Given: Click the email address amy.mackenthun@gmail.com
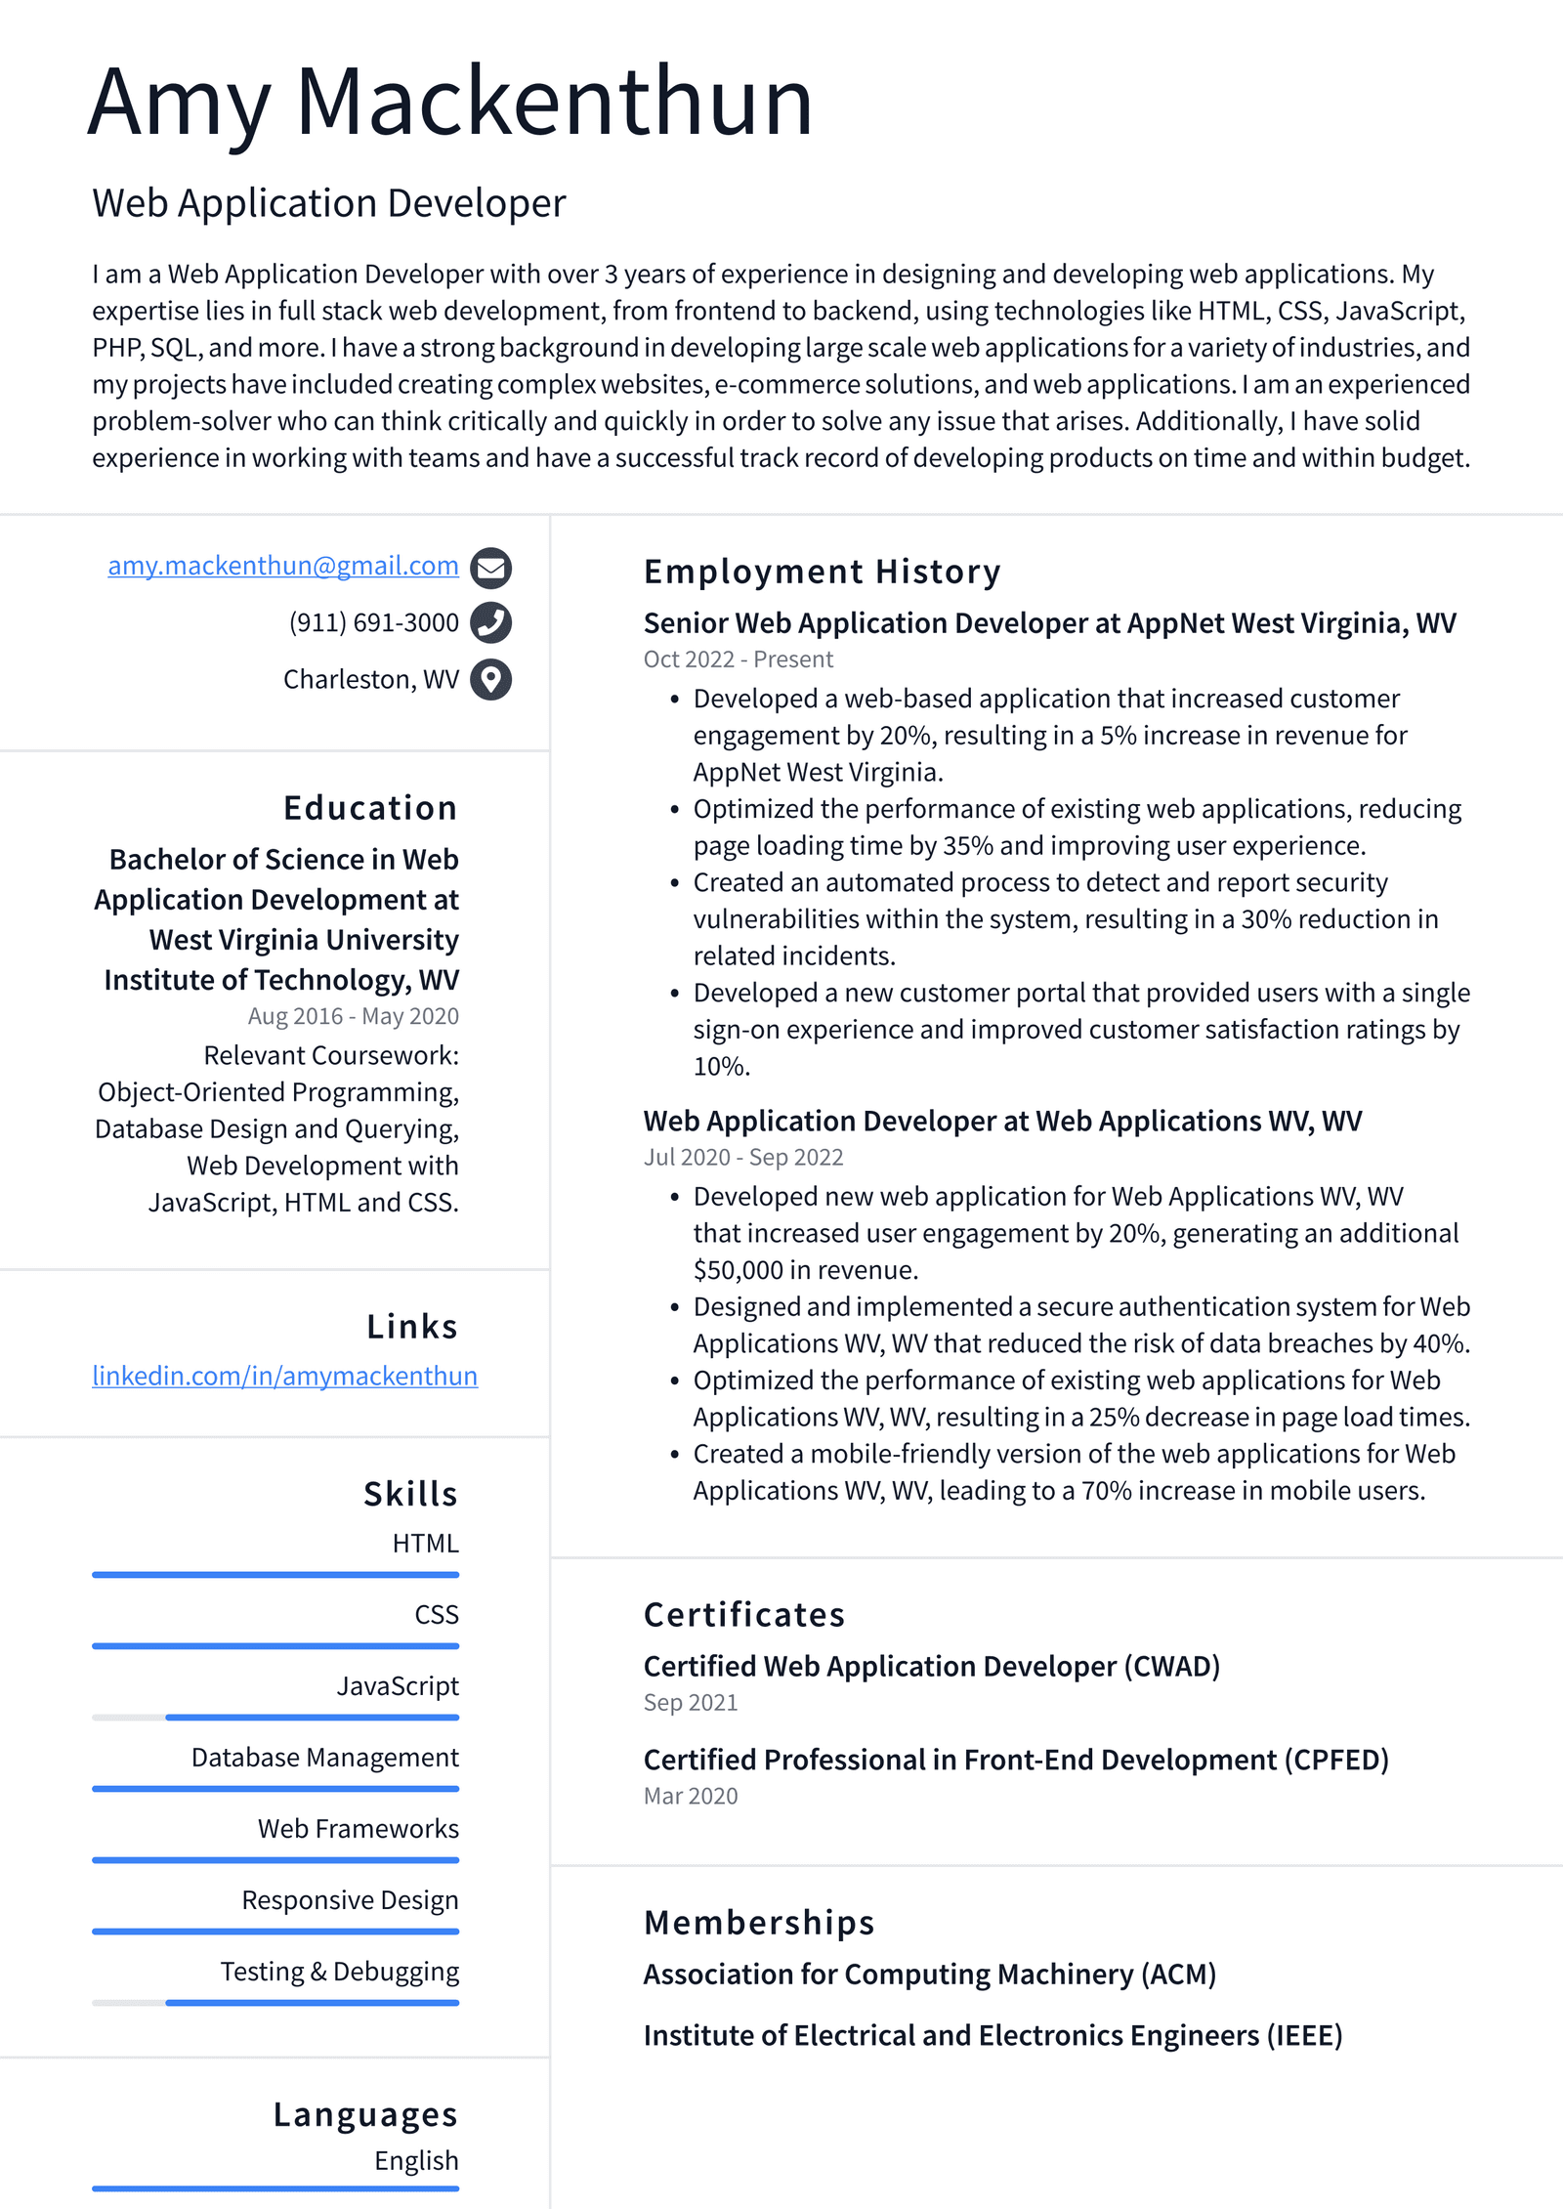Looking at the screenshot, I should tap(282, 566).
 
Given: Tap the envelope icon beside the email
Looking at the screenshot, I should tap(490, 568).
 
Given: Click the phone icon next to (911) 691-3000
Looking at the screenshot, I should tap(490, 622).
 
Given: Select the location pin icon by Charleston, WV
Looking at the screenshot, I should tap(490, 679).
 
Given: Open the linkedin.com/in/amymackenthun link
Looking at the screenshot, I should tap(284, 1376).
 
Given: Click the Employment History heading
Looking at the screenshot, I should tap(822, 572).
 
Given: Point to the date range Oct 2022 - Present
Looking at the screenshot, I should tap(738, 659).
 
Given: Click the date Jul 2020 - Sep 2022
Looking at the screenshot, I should tap(742, 1157).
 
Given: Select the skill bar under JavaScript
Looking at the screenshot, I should tap(275, 1717).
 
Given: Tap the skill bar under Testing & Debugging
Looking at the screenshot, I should tap(275, 2002).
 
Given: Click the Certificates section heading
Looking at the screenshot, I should tap(743, 1615).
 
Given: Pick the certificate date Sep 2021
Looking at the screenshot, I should tap(690, 1702).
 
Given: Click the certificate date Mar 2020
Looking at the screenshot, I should tap(690, 1796).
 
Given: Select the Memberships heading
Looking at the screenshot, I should tap(758, 1923).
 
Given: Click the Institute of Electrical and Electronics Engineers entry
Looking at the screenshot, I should tap(992, 2035).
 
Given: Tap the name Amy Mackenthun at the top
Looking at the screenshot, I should tap(450, 102).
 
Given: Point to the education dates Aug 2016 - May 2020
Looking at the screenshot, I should tap(353, 1016).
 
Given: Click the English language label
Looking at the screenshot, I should tap(416, 2160).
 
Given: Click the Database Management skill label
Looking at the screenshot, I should tap(324, 1758).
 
